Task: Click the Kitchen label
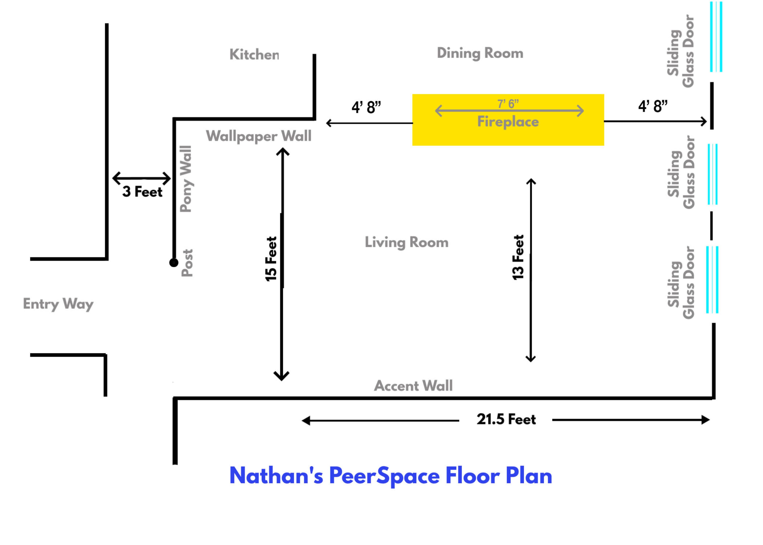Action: tap(254, 54)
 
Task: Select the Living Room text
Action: tap(406, 242)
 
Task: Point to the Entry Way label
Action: tap(58, 304)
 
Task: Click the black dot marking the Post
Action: tap(173, 262)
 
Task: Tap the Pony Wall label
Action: tap(186, 179)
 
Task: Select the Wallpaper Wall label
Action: tap(258, 136)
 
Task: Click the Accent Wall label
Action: tap(413, 386)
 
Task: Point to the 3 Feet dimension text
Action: tap(142, 192)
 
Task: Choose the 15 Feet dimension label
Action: tap(271, 259)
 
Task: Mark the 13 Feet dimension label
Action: tap(518, 257)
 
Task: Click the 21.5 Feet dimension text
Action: tap(506, 419)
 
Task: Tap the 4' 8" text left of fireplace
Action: tap(366, 107)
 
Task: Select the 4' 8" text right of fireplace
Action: tap(653, 106)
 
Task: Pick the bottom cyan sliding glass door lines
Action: tap(712, 280)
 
